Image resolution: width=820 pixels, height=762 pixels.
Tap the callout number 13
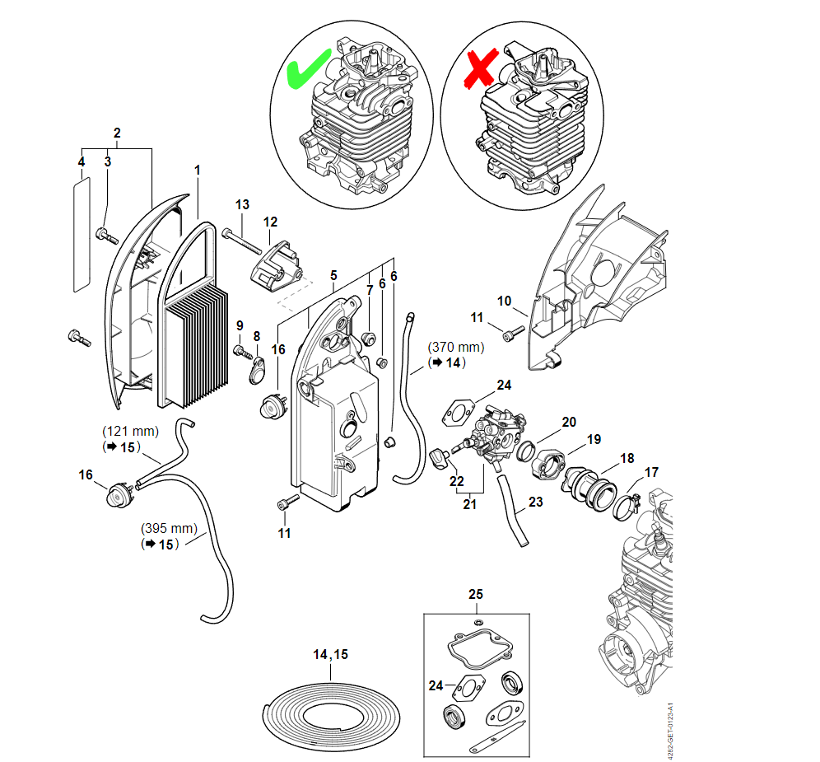coord(242,204)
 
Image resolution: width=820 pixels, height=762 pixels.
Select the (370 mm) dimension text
coord(455,348)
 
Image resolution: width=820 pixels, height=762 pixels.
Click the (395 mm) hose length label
coord(170,528)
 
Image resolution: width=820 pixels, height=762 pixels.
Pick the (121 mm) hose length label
coord(130,431)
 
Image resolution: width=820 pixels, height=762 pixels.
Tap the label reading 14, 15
coord(330,654)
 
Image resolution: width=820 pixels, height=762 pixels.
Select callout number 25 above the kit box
coord(476,594)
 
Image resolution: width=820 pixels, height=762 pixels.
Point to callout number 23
coord(535,501)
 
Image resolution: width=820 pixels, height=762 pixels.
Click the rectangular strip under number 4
coord(81,236)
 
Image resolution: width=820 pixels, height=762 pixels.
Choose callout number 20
coord(568,423)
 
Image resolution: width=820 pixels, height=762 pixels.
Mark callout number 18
coord(627,457)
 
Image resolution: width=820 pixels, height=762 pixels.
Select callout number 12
coord(270,222)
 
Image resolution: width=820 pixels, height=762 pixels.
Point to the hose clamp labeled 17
coord(629,502)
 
